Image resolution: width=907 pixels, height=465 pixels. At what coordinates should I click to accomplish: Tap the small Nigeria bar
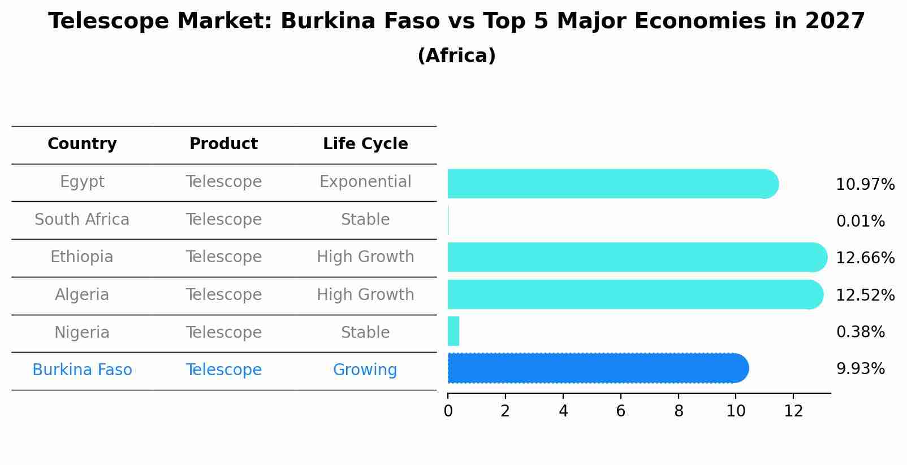tap(453, 331)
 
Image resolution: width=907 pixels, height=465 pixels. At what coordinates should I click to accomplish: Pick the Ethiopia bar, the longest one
tap(637, 257)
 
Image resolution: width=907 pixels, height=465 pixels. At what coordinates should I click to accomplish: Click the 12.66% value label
tap(865, 258)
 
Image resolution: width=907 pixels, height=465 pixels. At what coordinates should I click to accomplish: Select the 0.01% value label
tap(860, 221)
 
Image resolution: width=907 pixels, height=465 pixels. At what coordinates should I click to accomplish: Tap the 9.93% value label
tap(860, 369)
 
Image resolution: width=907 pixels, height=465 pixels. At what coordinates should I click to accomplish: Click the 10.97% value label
tap(865, 185)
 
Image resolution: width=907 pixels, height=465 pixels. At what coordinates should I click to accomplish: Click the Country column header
tap(82, 144)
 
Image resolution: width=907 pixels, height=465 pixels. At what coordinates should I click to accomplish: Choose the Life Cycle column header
tap(365, 144)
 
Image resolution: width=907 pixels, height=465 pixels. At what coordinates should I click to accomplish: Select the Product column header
tap(223, 144)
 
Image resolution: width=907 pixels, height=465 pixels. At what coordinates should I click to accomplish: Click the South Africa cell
tap(82, 220)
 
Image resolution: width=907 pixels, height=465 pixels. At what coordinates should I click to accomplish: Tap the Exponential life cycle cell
tap(365, 182)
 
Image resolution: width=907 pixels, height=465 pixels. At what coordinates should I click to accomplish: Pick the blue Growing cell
tap(365, 370)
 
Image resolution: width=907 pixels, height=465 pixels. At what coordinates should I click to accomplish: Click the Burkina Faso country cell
tap(82, 370)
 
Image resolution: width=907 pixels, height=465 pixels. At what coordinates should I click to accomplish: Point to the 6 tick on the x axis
tap(620, 411)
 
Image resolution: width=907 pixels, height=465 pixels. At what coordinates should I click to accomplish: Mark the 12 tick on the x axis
tap(793, 411)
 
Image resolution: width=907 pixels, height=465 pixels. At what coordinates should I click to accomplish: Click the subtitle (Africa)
tap(456, 56)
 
